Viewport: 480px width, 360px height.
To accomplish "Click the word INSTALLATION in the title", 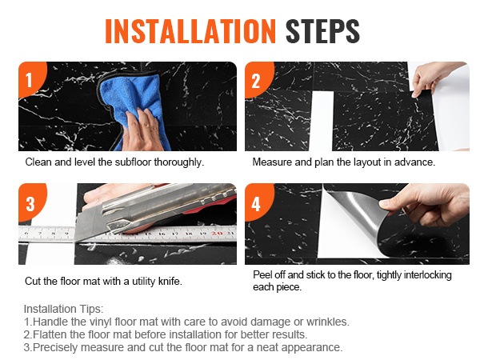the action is (x=190, y=31).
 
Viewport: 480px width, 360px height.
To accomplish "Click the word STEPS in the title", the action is (x=322, y=31).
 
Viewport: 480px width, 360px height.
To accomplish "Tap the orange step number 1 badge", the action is (x=30, y=79).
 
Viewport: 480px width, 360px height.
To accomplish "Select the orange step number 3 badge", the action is (x=30, y=202).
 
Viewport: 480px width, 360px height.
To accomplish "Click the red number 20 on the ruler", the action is (x=217, y=234).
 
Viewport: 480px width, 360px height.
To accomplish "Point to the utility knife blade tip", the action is (x=76, y=242).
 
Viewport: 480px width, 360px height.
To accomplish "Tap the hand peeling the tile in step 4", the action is (x=429, y=203).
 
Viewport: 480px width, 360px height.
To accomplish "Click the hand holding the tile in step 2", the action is (x=432, y=78).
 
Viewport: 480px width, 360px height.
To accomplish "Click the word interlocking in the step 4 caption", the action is (x=428, y=275).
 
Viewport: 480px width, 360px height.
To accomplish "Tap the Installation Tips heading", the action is (x=64, y=309).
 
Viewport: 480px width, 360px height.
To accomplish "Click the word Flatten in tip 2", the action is (x=46, y=334).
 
